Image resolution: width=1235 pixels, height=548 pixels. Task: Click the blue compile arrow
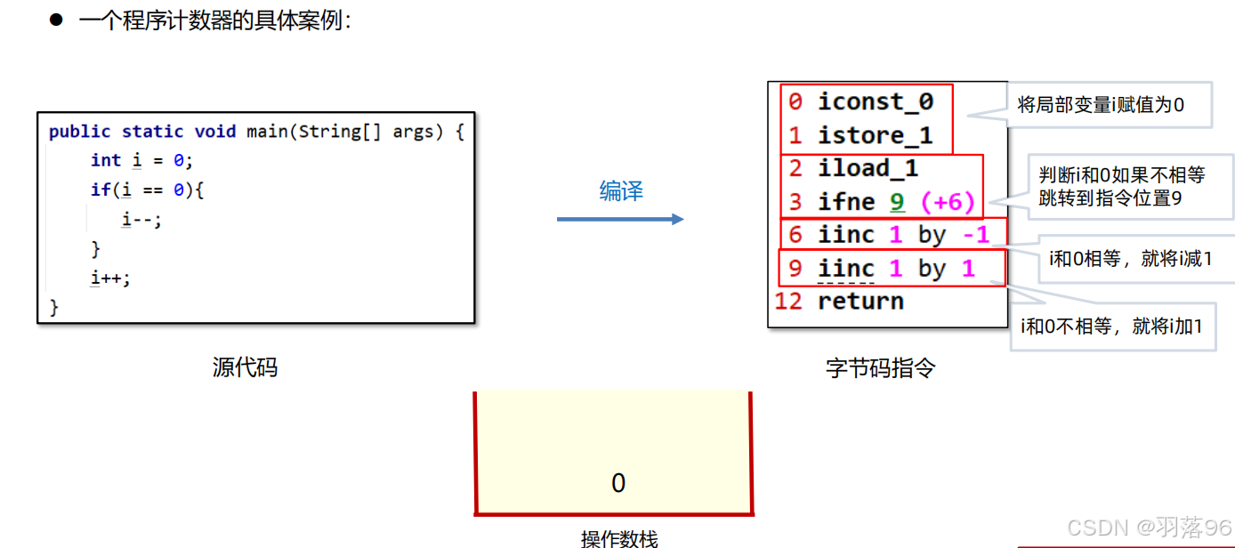pos(620,219)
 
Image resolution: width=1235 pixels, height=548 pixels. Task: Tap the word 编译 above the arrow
pos(621,191)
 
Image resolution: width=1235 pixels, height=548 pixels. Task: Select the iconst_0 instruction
pos(875,102)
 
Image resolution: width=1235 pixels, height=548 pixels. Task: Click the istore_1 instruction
pos(875,135)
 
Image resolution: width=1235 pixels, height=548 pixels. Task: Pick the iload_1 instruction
pos(868,168)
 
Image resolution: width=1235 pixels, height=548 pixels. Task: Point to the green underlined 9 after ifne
pos(897,202)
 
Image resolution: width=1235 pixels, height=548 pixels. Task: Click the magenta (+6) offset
pos(948,202)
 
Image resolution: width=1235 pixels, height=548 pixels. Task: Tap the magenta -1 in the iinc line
pos(976,235)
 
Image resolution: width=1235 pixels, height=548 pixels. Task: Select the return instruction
pos(860,301)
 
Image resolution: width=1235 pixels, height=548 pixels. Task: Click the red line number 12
pos(788,301)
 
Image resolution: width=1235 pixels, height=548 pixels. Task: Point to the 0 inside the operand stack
pos(618,483)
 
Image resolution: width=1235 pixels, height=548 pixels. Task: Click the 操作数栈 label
pos(619,538)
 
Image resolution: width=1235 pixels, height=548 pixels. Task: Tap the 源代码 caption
pos(245,367)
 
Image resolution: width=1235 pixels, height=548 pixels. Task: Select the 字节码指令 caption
pos(880,367)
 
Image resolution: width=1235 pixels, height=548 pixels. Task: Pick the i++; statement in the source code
pos(110,278)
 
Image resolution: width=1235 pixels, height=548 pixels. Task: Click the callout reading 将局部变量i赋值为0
pos(1101,105)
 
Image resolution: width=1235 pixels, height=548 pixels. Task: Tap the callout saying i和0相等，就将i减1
pos(1130,259)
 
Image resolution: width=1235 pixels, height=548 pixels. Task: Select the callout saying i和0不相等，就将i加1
pos(1112,326)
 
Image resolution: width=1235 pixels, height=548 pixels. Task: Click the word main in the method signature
pos(266,132)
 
